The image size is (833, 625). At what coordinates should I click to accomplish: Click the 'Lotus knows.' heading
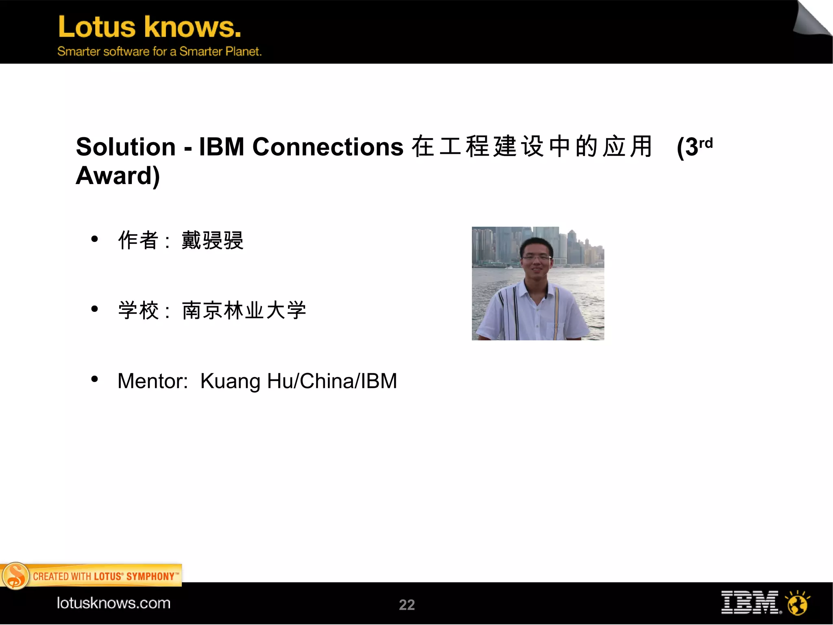pos(150,27)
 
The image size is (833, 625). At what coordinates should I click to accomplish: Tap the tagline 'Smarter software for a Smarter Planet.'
pos(159,51)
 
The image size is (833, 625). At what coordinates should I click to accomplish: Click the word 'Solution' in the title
pos(126,147)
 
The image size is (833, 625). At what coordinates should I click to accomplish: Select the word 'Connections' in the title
pos(328,147)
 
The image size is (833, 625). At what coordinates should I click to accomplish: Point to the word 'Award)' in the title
pos(118,175)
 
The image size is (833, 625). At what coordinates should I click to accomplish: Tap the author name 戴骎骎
pos(212,240)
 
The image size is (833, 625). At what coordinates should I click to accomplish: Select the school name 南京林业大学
pos(244,310)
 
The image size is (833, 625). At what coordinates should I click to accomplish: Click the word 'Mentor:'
pos(153,381)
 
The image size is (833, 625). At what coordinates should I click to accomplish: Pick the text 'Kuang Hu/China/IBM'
pos(299,381)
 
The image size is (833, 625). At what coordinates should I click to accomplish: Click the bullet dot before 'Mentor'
pos(95,379)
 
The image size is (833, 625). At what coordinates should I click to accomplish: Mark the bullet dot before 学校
pos(95,309)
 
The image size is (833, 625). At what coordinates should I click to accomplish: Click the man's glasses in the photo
pos(536,257)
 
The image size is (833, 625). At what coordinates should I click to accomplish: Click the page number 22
pos(407,605)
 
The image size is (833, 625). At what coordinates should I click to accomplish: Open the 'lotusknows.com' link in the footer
pos(113,603)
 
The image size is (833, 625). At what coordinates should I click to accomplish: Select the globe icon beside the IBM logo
pos(798,603)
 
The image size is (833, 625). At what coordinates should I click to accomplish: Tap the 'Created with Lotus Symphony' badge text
pos(105,576)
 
